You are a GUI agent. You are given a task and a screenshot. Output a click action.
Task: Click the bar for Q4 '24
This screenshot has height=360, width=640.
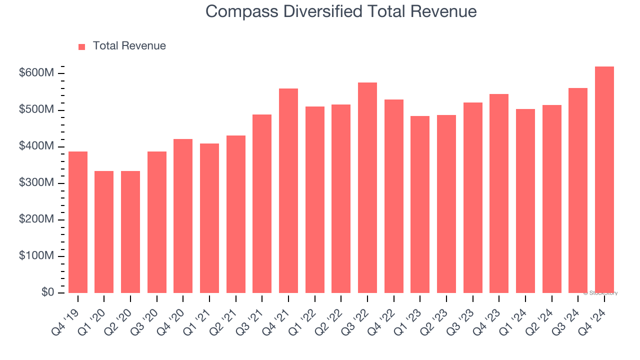point(604,180)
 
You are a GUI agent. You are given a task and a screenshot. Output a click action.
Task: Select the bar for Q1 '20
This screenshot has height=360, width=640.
point(104,232)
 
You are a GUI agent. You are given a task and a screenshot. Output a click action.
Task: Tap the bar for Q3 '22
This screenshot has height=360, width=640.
point(367,188)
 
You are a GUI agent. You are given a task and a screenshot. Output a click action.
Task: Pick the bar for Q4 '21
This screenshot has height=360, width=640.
point(288,191)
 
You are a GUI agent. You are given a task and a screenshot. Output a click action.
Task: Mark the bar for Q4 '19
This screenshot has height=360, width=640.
point(78,222)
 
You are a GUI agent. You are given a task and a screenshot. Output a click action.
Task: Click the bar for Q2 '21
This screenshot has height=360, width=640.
point(235,214)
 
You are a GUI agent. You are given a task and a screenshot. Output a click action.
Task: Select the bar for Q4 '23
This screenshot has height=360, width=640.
point(499,193)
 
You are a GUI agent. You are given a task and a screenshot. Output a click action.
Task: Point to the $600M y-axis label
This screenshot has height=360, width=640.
point(36,73)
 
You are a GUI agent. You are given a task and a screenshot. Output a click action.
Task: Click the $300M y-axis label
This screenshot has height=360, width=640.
point(36,183)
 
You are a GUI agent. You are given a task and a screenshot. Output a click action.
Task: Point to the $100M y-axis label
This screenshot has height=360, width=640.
point(36,256)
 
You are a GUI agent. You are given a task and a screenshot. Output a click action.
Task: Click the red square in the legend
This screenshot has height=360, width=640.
point(82,47)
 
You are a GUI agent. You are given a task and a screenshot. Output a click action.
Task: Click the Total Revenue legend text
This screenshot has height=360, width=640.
point(129,46)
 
